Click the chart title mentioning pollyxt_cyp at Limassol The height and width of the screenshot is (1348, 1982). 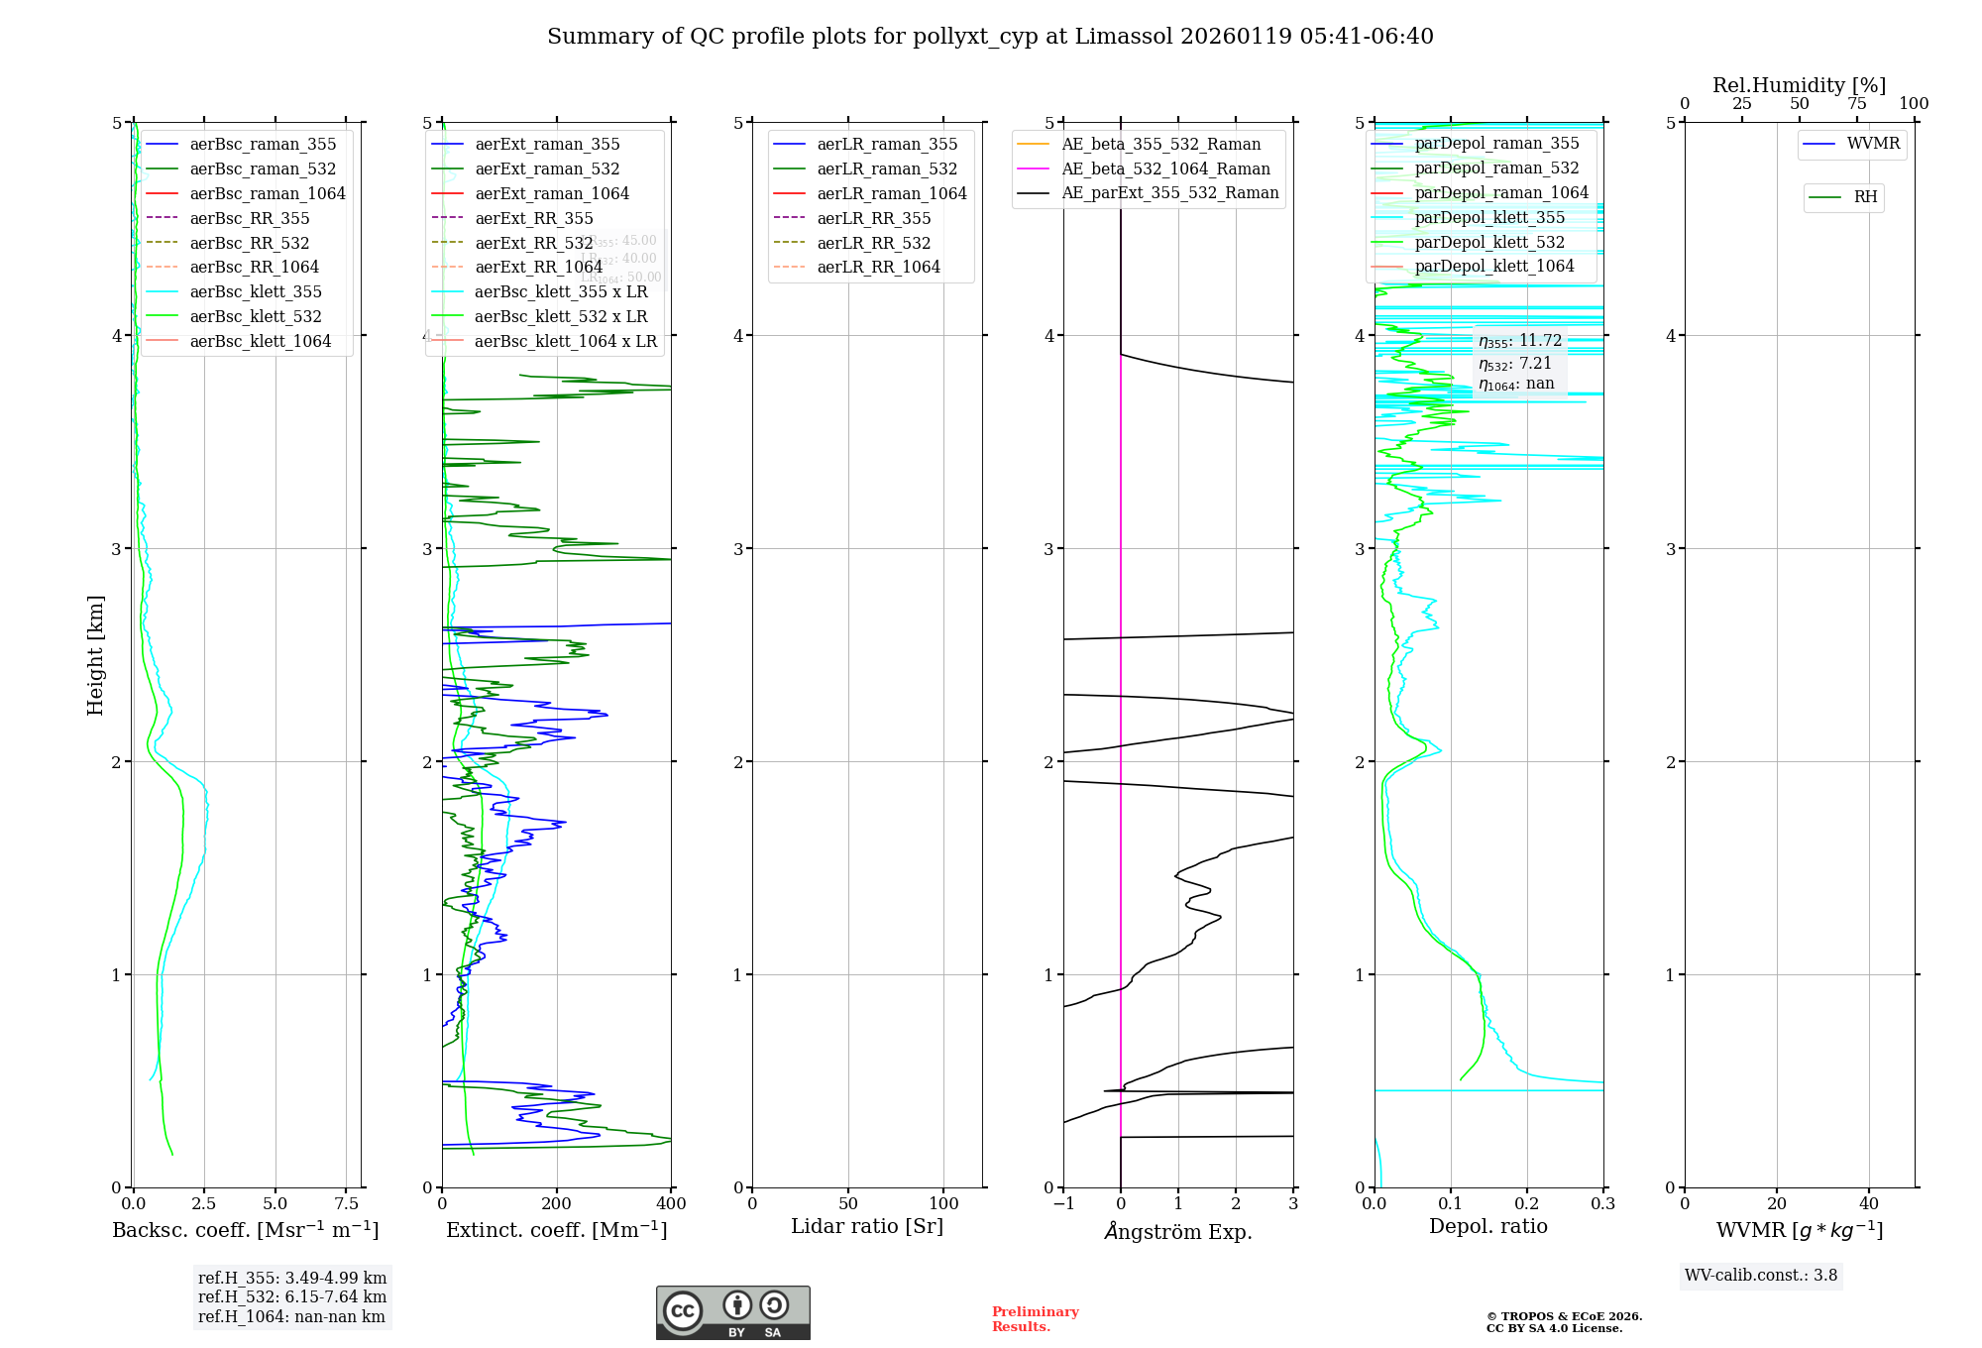[990, 37]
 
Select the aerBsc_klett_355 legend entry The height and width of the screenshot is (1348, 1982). [255, 291]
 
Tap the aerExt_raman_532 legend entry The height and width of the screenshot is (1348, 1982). [547, 168]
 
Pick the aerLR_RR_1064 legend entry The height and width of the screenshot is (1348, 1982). [878, 267]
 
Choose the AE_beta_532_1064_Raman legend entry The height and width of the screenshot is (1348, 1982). [1165, 168]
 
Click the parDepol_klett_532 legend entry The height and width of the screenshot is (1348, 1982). [1489, 242]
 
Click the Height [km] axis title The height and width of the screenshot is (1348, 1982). [95, 655]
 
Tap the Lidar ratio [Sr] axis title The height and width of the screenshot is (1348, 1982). [867, 1226]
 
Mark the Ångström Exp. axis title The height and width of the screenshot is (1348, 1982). [1178, 1231]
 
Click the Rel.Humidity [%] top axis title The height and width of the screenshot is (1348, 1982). [1799, 85]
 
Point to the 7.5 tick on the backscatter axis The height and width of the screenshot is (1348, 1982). [346, 1204]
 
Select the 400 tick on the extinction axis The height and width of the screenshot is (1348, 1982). [671, 1204]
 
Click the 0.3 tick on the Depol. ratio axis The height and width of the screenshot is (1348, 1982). [1602, 1204]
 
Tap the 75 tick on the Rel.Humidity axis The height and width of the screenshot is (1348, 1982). [1856, 104]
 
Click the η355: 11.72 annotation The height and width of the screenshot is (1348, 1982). [1520, 341]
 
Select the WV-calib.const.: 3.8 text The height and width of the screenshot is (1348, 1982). [1761, 1276]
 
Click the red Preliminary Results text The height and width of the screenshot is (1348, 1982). [1035, 1319]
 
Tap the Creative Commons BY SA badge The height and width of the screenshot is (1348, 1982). [732, 1313]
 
